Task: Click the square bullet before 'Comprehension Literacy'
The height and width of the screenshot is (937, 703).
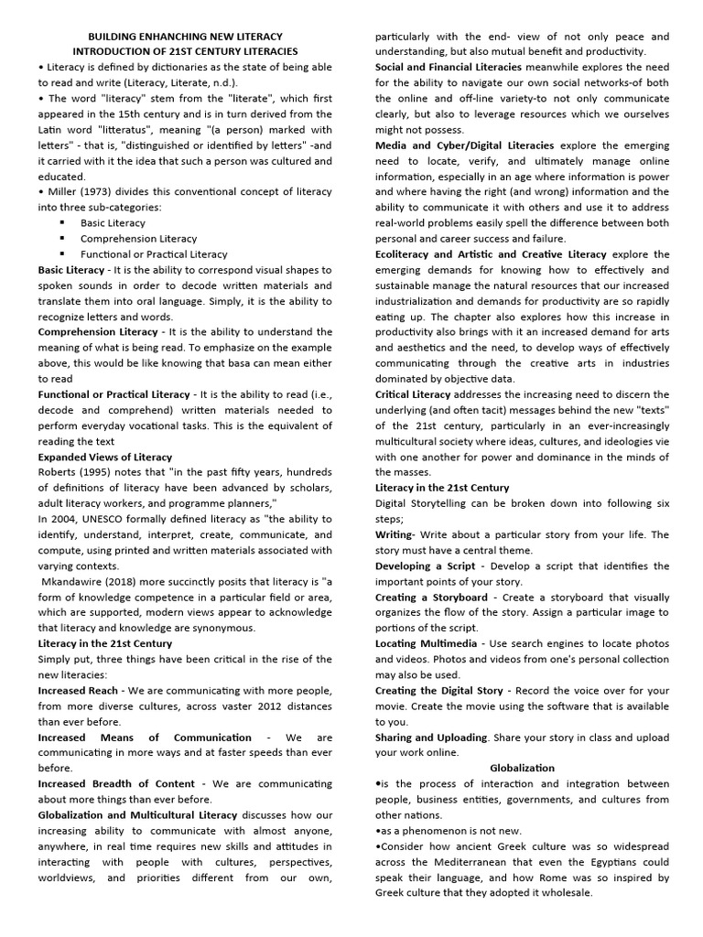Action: tap(62, 239)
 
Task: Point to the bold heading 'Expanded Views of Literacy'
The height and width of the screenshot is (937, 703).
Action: tap(104, 457)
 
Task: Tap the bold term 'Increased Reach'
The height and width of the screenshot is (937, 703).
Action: tap(81, 690)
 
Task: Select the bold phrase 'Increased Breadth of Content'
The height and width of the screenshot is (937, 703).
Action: tap(116, 783)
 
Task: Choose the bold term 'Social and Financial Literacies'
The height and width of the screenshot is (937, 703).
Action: tap(449, 67)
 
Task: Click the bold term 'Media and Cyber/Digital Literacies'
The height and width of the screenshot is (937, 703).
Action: tap(464, 145)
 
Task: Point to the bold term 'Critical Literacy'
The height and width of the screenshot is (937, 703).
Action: tap(413, 393)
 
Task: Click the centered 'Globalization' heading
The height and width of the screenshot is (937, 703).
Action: tap(522, 768)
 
